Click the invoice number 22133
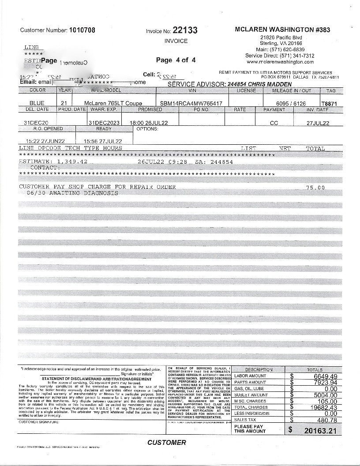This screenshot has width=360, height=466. click(185, 30)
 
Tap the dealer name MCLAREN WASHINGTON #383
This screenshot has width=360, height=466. click(282, 30)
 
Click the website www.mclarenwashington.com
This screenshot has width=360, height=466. click(280, 62)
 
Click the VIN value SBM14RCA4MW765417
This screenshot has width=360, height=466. click(191, 103)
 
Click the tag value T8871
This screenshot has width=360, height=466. click(331, 103)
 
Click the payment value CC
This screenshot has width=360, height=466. click(274, 123)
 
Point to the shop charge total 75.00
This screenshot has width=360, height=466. click(315, 188)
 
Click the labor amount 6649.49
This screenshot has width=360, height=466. click(326, 376)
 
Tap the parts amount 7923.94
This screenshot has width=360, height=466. click(326, 382)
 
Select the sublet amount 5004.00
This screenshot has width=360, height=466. click(326, 395)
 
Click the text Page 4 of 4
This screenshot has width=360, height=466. click(176, 60)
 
